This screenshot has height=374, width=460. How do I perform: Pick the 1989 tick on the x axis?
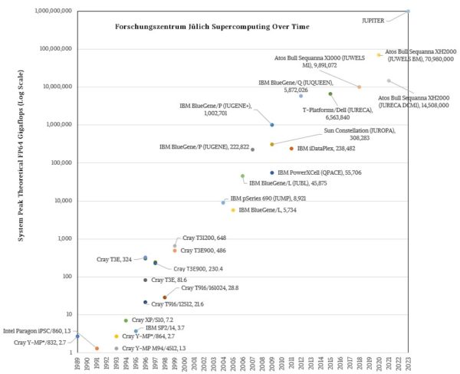coord(77,363)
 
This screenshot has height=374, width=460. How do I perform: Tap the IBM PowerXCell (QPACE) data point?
coord(271,173)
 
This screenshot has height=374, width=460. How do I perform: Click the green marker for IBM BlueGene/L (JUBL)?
coord(242,176)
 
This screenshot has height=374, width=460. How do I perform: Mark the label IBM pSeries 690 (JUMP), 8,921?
coord(268,198)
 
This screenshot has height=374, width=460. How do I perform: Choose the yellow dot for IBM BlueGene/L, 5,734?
coord(233,210)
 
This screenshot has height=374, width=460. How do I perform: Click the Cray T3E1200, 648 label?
coord(204,239)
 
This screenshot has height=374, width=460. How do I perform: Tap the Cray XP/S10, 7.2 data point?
coord(126,320)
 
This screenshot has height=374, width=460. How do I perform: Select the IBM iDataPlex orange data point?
coord(291,149)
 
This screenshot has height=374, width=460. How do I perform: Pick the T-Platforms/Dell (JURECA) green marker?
coord(330,94)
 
